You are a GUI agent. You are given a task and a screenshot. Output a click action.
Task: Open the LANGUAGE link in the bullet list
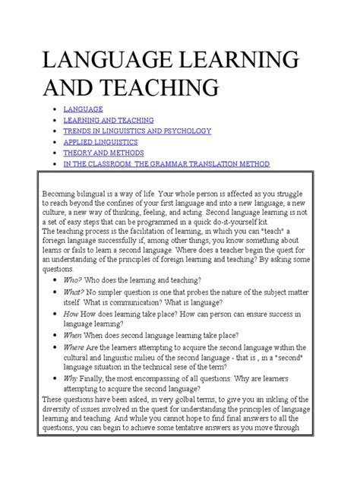coord(83,109)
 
